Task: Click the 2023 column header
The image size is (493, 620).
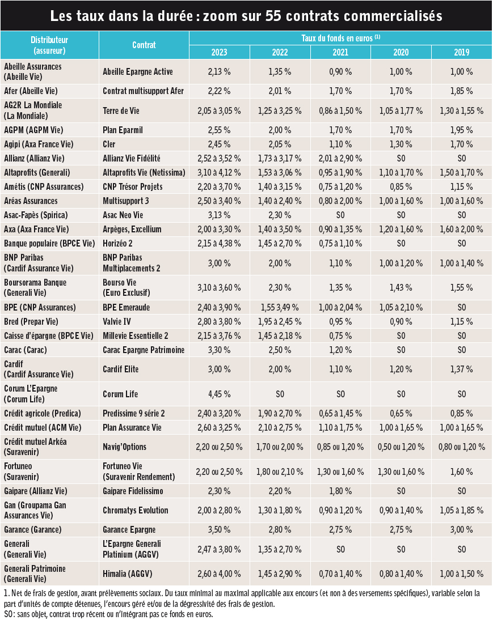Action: click(x=219, y=52)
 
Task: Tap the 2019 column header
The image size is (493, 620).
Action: click(x=461, y=52)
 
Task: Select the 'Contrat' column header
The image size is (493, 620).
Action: click(x=144, y=45)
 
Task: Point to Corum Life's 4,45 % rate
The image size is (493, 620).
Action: click(x=219, y=394)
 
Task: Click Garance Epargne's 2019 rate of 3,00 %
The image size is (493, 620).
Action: click(x=461, y=530)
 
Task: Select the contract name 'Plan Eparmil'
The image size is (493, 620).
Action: click(x=123, y=130)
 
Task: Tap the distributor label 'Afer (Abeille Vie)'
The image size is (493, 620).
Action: click(x=31, y=91)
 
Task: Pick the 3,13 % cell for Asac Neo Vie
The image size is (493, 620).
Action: click(x=219, y=215)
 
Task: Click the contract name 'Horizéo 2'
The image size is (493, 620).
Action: click(x=117, y=244)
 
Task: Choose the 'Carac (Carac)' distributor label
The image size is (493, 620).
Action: click(x=26, y=350)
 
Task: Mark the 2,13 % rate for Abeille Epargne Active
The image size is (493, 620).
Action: click(x=219, y=72)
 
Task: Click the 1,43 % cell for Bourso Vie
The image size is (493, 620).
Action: click(x=401, y=288)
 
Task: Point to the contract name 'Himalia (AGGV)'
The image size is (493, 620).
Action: click(x=128, y=574)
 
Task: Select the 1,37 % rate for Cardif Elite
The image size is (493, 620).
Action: click(x=461, y=370)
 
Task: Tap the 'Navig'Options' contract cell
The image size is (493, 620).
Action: click(x=125, y=447)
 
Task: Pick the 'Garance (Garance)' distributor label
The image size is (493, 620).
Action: click(x=33, y=530)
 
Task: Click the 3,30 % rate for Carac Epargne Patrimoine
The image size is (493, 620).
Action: click(x=219, y=350)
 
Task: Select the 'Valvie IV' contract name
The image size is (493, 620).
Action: click(x=117, y=322)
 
